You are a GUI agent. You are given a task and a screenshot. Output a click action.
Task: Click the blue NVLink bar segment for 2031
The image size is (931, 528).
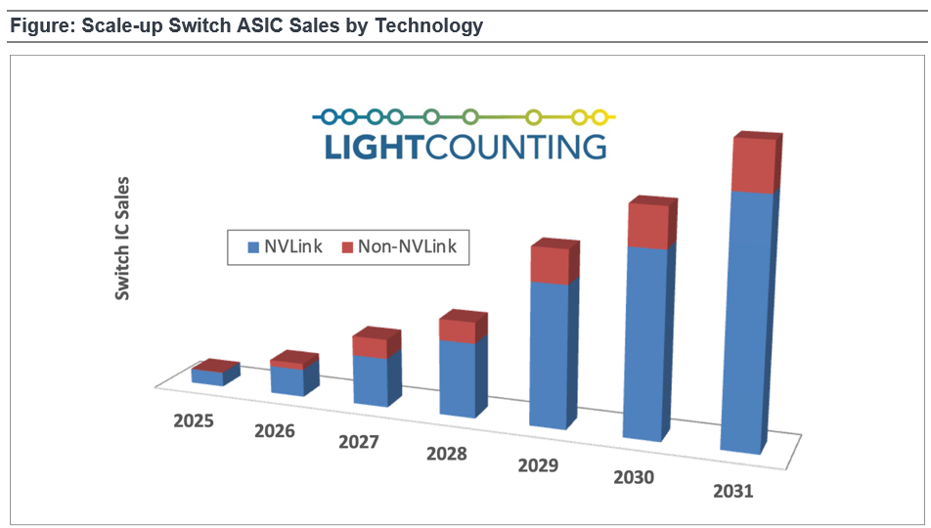(x=746, y=323)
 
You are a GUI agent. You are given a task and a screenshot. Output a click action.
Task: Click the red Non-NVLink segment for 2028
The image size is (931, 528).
(x=458, y=330)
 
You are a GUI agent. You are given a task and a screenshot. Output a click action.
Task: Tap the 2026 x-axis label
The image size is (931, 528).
(x=275, y=429)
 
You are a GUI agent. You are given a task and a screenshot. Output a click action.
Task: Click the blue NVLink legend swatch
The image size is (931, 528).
(x=245, y=247)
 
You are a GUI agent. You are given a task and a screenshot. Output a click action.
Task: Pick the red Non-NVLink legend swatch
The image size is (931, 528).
(x=347, y=247)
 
